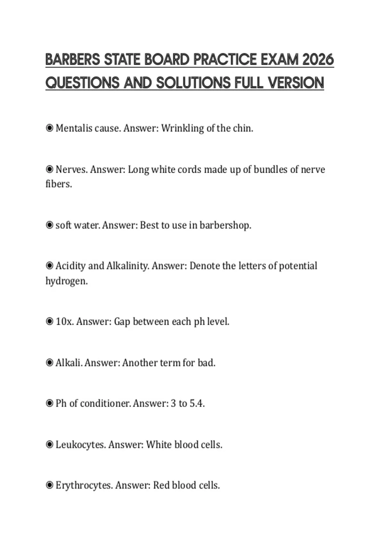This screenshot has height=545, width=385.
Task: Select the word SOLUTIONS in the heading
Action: pos(193,83)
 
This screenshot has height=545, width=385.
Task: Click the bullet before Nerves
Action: pos(49,169)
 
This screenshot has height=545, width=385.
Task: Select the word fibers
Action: pos(58,184)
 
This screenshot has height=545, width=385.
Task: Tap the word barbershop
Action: pos(225,225)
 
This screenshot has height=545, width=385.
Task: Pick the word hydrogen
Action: pos(66,281)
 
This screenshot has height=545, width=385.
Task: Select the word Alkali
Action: pos(69,363)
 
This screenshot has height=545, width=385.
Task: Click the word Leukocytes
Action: pos(81,445)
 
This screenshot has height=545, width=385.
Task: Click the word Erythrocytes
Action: pos(84,485)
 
